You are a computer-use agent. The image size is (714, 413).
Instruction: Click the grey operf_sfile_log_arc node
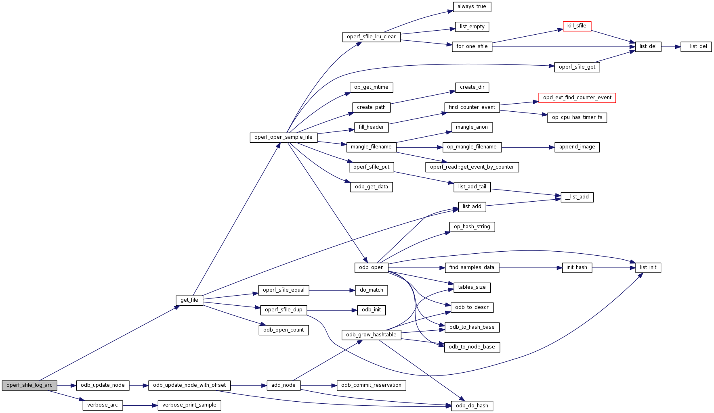click(29, 386)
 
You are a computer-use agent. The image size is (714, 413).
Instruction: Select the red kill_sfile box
click(577, 26)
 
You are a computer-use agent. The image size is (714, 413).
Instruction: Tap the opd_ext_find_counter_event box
click(577, 98)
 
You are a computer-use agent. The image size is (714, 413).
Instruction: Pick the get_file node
click(189, 300)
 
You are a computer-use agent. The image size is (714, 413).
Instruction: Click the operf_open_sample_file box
click(283, 138)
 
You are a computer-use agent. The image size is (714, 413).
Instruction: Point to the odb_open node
click(371, 268)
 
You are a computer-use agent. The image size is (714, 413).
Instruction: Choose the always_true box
click(472, 7)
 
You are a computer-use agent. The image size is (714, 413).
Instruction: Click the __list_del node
click(696, 47)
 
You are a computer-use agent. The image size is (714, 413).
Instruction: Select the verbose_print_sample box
click(189, 405)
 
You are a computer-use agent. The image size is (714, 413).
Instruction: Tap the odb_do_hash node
click(472, 406)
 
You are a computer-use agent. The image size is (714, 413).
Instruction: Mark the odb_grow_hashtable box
click(371, 335)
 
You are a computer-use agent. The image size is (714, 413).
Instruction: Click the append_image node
click(577, 147)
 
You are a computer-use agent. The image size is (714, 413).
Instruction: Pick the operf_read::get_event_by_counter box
click(472, 167)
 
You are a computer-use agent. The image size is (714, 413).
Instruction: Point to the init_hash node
click(577, 268)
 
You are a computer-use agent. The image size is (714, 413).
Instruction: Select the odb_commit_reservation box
click(371, 386)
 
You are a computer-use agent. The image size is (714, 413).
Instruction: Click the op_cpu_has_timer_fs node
click(577, 118)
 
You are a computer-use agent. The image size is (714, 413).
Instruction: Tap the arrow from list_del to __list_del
click(671, 47)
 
